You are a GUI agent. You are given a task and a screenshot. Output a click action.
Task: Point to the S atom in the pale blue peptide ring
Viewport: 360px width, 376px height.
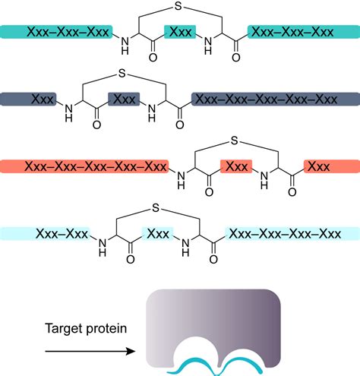[x=155, y=207]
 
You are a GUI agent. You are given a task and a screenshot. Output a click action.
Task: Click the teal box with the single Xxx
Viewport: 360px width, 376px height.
[x=181, y=33]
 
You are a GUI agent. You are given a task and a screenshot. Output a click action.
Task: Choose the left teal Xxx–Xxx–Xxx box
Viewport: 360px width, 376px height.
[x=57, y=32]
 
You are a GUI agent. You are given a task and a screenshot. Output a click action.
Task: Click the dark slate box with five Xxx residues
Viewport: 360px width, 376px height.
[x=273, y=99]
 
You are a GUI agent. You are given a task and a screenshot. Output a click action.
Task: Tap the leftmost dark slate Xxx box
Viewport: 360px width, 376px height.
[x=29, y=99]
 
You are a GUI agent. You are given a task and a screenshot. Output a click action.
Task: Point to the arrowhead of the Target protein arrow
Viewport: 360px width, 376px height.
[x=135, y=352]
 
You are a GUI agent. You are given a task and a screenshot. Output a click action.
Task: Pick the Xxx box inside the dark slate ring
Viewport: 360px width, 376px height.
[x=124, y=99]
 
